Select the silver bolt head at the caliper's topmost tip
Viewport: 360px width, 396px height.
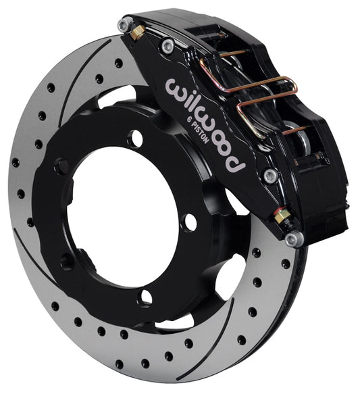point(123,25)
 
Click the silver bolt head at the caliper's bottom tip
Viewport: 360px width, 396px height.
point(291,238)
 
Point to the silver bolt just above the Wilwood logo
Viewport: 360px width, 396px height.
point(167,45)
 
